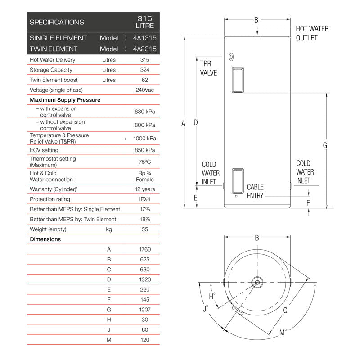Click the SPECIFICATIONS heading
pyautogui.click(x=57, y=22)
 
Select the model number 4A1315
pyautogui.click(x=145, y=38)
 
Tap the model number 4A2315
pyautogui.click(x=145, y=49)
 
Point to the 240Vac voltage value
pyautogui.click(x=145, y=90)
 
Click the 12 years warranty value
pyautogui.click(x=145, y=189)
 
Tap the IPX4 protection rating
pyautogui.click(x=145, y=199)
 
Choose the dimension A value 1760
pyautogui.click(x=145, y=249)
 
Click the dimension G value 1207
pyautogui.click(x=145, y=310)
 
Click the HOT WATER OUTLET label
pyautogui.click(x=312, y=33)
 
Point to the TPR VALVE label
pyautogui.click(x=208, y=68)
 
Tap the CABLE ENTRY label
pyautogui.click(x=255, y=191)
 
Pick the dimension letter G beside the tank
pyautogui.click(x=325, y=145)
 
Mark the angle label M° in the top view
pyautogui.click(x=283, y=333)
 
